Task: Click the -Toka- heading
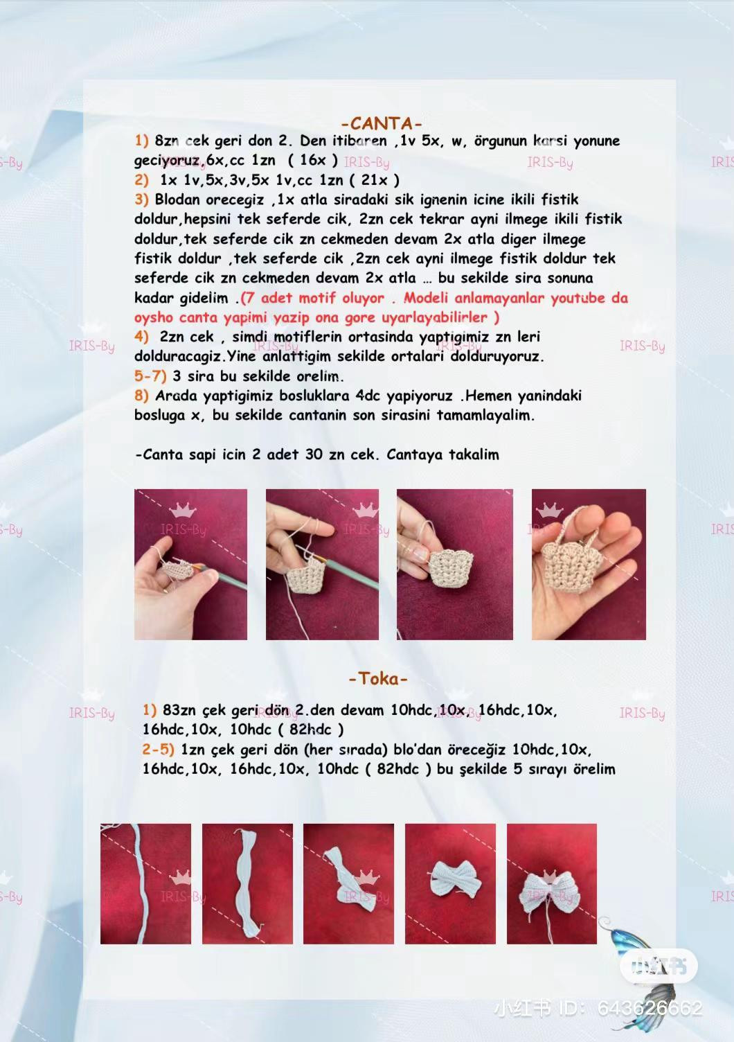[x=378, y=678]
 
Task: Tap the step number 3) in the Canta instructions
[x=141, y=200]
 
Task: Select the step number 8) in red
[x=141, y=396]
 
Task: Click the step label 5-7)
[x=150, y=376]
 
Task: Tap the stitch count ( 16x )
[x=313, y=160]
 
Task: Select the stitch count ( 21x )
[x=374, y=179]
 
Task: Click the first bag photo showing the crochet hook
[x=190, y=564]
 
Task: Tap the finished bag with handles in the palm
[x=588, y=564]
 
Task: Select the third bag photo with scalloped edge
[x=454, y=564]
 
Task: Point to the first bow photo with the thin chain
[x=145, y=883]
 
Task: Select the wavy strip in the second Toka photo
[x=247, y=883]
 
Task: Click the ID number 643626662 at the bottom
[x=650, y=1008]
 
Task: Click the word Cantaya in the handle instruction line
[x=415, y=454]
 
